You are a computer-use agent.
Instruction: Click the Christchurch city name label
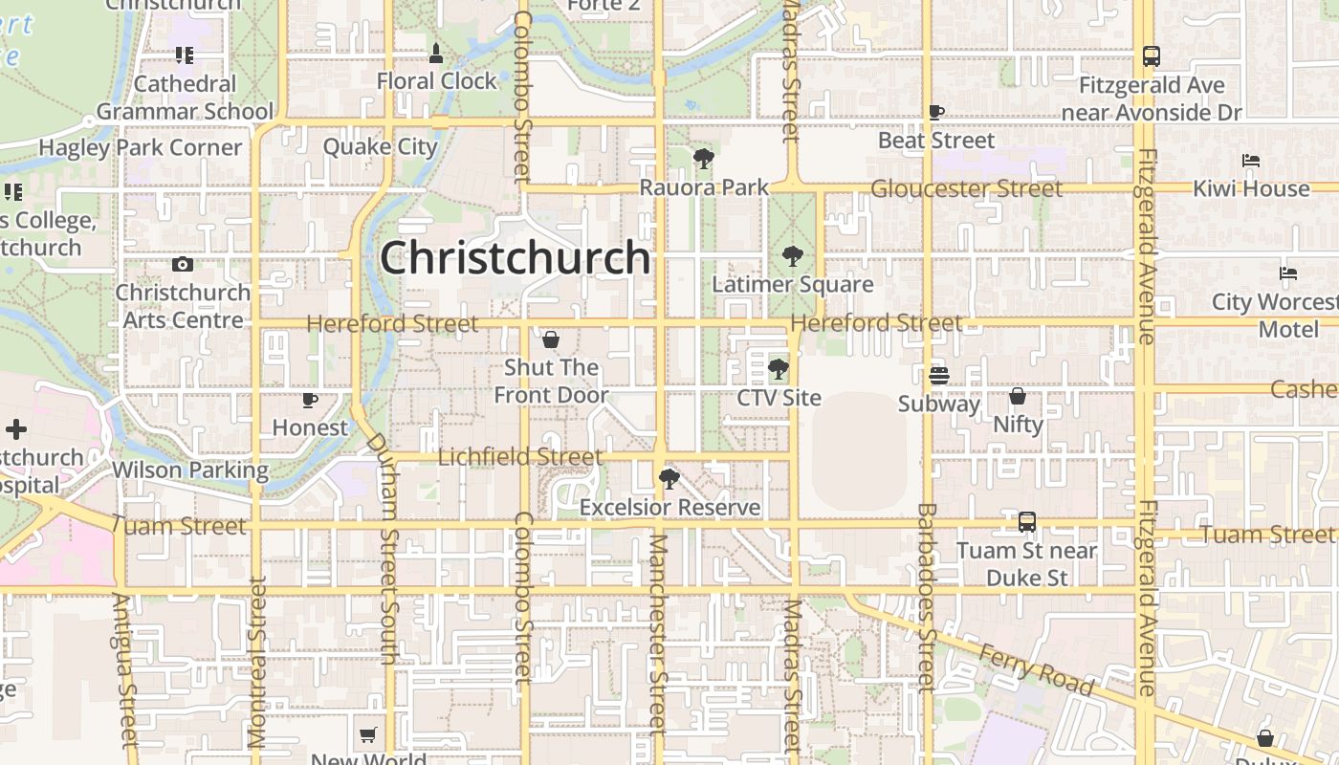click(516, 257)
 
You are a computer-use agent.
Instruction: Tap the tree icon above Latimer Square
click(792, 255)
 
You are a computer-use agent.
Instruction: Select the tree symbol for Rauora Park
click(703, 158)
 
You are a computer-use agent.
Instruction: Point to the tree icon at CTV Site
click(779, 368)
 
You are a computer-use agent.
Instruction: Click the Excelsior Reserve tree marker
click(669, 478)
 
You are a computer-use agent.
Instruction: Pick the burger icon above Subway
click(938, 375)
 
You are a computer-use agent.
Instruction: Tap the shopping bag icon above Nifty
click(1018, 395)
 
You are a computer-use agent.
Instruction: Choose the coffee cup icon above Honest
click(309, 399)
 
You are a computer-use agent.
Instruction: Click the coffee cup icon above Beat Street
click(936, 112)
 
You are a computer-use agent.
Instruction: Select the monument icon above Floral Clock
click(436, 53)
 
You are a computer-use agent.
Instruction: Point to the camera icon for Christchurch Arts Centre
click(182, 264)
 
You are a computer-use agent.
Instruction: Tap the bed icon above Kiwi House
click(1250, 160)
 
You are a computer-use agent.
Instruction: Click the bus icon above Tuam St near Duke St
click(1026, 522)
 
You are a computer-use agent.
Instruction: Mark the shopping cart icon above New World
click(368, 735)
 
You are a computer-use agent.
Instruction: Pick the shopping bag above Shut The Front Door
click(551, 339)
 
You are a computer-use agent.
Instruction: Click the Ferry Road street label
click(1037, 668)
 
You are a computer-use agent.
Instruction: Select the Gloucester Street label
click(966, 188)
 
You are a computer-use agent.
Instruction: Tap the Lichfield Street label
click(520, 457)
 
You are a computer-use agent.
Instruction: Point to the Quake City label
click(380, 146)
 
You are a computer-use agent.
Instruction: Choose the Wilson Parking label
click(190, 470)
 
